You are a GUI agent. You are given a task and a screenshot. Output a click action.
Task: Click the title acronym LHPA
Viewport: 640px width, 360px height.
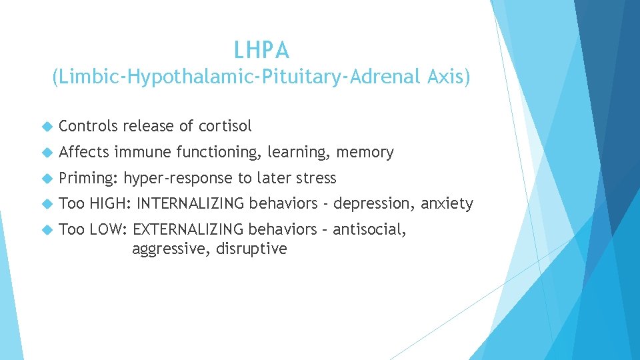pyautogui.click(x=261, y=50)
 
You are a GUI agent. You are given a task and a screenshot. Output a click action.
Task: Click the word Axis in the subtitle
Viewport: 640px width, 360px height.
pyautogui.click(x=450, y=78)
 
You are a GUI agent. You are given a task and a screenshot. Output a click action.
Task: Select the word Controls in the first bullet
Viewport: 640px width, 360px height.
pyautogui.click(x=88, y=126)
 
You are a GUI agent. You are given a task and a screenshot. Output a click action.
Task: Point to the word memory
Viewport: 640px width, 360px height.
pyautogui.click(x=365, y=152)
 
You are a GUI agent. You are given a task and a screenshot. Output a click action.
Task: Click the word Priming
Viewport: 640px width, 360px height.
pyautogui.click(x=89, y=179)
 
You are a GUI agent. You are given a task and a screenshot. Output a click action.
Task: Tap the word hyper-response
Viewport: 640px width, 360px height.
pyautogui.click(x=179, y=179)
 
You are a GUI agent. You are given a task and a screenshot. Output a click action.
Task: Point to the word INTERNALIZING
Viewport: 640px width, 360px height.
pyautogui.click(x=190, y=203)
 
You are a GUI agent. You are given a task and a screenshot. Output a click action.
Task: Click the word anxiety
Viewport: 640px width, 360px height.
pyautogui.click(x=449, y=204)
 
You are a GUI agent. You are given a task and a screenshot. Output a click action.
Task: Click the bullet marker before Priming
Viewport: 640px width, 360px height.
pyautogui.click(x=46, y=179)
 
